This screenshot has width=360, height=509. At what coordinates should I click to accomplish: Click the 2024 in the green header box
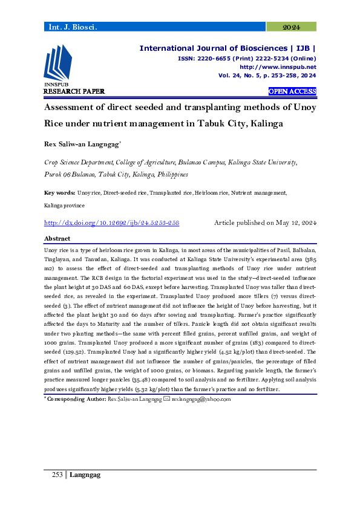pos(292,27)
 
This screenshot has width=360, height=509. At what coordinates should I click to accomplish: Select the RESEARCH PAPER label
pos(74,91)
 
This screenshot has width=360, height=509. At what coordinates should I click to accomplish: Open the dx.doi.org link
pos(112,223)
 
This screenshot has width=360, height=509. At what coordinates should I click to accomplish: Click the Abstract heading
pos(57,239)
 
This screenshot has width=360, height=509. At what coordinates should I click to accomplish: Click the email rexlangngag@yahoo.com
pos(200,399)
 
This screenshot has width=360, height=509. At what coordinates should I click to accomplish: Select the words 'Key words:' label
pos(60,193)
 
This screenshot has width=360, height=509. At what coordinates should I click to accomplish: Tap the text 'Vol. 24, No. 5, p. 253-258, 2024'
pos(267,76)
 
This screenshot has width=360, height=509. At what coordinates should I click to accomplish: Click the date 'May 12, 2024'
pos(295,223)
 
